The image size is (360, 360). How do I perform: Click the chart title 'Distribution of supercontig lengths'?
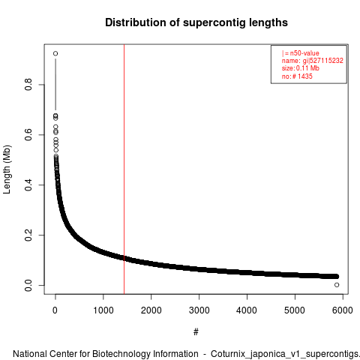point(196,22)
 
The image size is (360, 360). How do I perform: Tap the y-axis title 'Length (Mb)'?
point(7,169)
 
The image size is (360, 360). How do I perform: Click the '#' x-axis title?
point(196,332)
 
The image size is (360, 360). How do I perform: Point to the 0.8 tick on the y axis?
point(28,85)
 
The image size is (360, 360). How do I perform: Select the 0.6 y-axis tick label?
point(28,135)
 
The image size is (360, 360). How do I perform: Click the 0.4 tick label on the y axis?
point(28,185)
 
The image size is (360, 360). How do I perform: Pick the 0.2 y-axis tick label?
point(28,235)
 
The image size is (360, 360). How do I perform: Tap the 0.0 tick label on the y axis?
point(28,286)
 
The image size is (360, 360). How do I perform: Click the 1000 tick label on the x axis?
point(103,310)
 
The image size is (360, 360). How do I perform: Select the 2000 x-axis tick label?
point(151,310)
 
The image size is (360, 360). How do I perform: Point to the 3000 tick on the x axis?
point(199,310)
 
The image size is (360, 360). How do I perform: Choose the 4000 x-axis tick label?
point(247,310)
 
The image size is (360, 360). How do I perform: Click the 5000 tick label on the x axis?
point(295,310)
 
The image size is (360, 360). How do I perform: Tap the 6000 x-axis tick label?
point(343,310)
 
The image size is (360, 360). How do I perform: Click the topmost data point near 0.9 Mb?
point(55,53)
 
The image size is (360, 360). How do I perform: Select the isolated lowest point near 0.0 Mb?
point(337,285)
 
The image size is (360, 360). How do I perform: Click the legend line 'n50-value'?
point(301,53)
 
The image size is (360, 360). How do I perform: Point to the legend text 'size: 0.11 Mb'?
point(301,68)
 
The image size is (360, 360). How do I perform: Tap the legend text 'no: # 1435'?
point(297,76)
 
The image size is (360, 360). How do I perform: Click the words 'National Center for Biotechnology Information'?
point(106,354)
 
